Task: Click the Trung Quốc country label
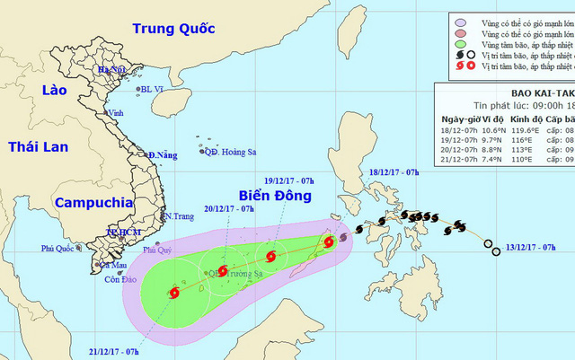[177, 29]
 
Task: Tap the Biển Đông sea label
[277, 196]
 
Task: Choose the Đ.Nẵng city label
[163, 155]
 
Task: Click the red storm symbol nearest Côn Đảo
[173, 292]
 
